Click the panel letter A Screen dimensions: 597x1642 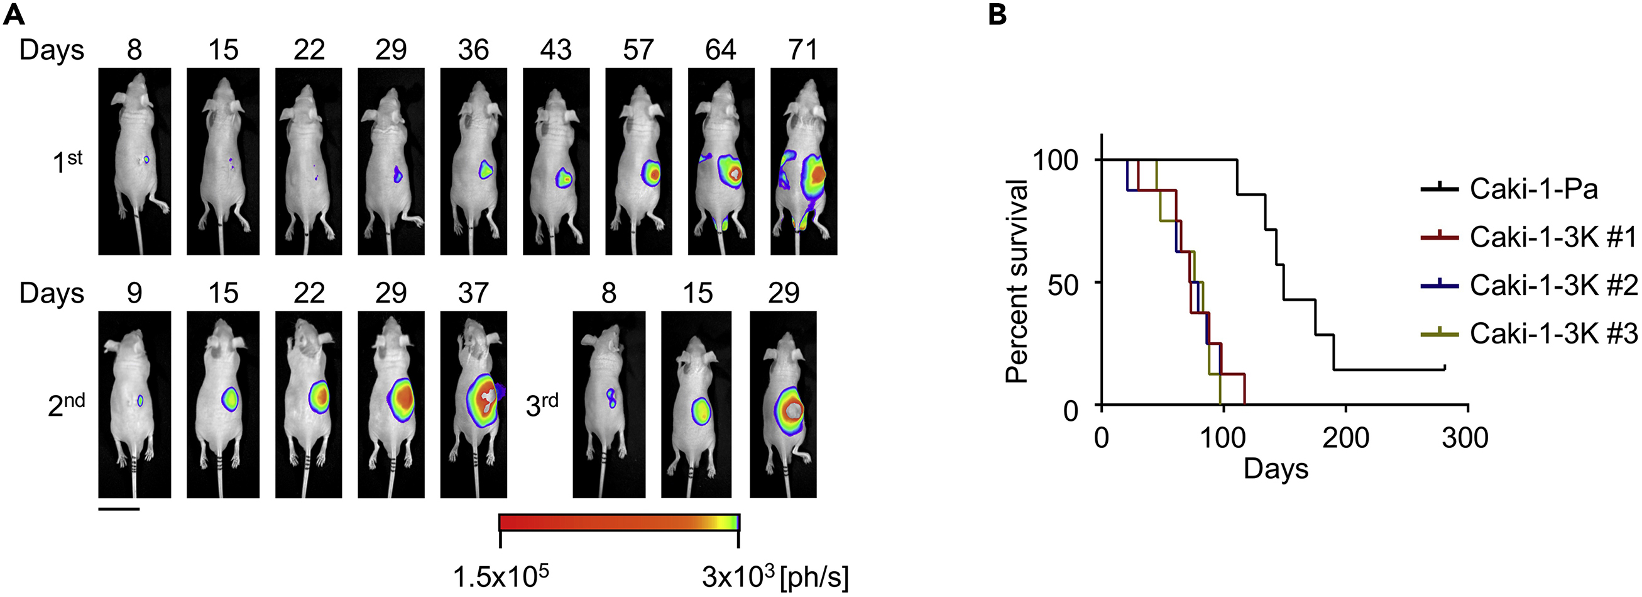14,14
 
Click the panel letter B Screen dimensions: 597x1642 997,14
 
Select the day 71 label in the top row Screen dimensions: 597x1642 802,50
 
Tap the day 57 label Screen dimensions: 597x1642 638,50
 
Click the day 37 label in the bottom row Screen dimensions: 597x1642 473,293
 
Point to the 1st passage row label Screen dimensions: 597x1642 68,162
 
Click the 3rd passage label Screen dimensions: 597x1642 542,405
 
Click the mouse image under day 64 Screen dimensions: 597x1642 721,162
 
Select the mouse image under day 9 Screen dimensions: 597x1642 134,404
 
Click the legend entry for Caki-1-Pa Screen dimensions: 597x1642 1533,189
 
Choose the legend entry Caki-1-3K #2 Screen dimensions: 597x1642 1553,285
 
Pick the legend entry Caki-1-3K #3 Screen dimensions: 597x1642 1553,333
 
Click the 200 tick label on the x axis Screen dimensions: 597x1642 1345,438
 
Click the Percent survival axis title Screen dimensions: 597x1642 1017,281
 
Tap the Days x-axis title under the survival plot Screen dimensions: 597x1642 1276,469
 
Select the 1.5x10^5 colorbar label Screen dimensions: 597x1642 501,577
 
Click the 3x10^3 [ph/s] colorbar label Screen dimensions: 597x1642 774,577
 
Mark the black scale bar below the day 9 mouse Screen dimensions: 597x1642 119,509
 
